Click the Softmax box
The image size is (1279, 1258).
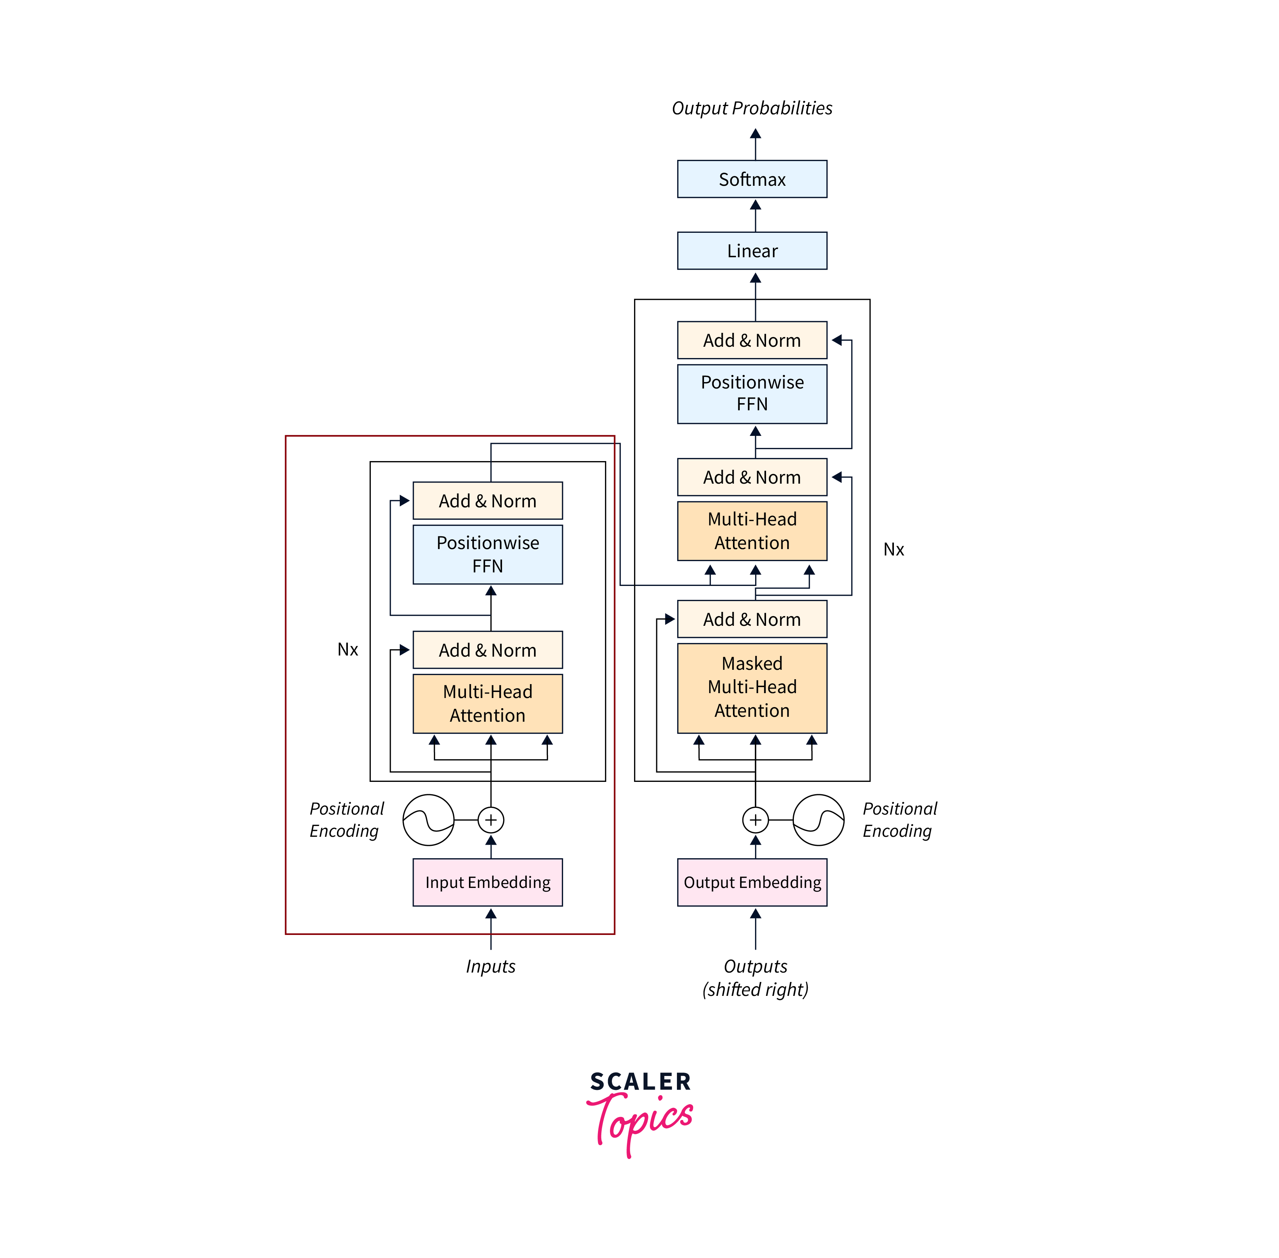[752, 179]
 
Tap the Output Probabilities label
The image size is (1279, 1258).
[752, 108]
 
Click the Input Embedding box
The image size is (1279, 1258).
[487, 882]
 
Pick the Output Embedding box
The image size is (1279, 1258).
[752, 882]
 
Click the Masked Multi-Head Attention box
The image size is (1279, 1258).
[752, 687]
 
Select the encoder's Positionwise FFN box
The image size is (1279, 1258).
[487, 554]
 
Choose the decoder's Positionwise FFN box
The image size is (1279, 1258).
[752, 394]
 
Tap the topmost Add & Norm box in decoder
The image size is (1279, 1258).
[752, 340]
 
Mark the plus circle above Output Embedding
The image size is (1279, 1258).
[755, 820]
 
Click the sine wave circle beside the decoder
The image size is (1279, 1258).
[818, 820]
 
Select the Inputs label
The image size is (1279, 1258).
[490, 966]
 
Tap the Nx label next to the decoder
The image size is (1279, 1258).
[893, 549]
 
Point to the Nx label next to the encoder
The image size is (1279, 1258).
[347, 649]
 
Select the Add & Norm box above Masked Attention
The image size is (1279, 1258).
[752, 619]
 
